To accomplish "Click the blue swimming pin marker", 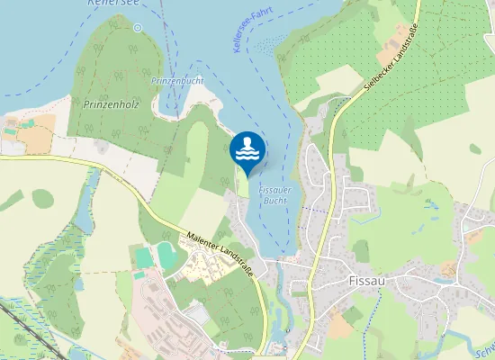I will pyautogui.click(x=247, y=149).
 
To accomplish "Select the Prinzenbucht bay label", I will pyautogui.click(x=176, y=81).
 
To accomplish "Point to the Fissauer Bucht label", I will pyautogui.click(x=274, y=196).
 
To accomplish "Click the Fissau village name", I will pyautogui.click(x=366, y=281).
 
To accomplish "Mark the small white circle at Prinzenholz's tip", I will pyautogui.click(x=138, y=27).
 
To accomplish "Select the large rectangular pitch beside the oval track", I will pyautogui.click(x=144, y=257).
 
